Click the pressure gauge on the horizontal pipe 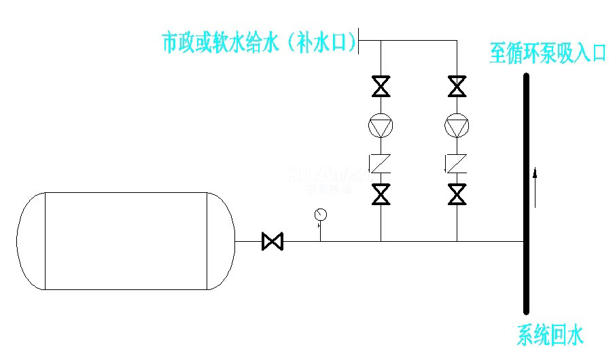[x=321, y=216]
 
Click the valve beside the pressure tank [x=273, y=241]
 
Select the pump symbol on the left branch [x=381, y=126]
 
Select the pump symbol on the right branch [x=457, y=126]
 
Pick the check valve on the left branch [x=381, y=163]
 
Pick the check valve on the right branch [x=457, y=163]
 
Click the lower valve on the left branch [x=381, y=194]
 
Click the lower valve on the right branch [x=457, y=194]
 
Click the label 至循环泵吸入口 [x=547, y=54]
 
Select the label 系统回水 [x=550, y=335]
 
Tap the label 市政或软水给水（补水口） [x=259, y=43]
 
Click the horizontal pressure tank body [x=126, y=241]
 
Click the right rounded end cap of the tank [x=221, y=241]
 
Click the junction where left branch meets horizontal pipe [x=381, y=241]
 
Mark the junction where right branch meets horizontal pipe [x=457, y=241]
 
